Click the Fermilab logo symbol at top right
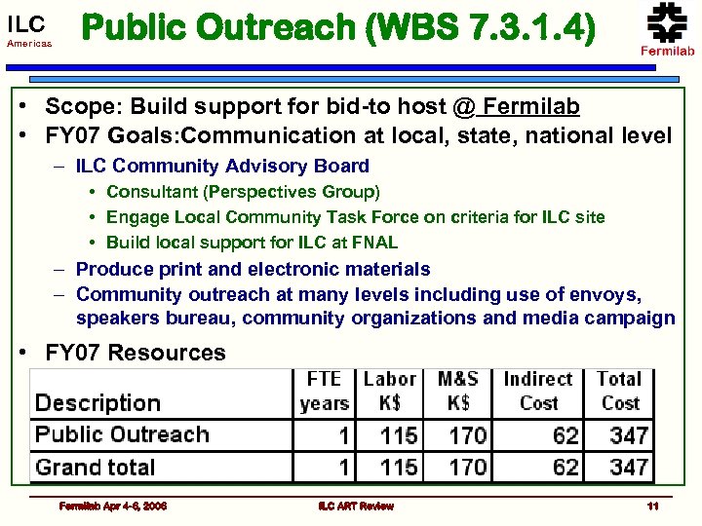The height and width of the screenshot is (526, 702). point(667,21)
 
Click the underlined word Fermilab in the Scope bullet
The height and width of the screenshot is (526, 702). point(531,106)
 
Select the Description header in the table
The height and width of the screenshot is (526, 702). point(97,402)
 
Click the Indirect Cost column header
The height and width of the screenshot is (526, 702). point(538,390)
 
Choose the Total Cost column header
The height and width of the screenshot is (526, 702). point(619,390)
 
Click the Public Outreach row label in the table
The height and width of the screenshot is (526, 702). point(122,434)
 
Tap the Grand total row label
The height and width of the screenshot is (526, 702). point(96,468)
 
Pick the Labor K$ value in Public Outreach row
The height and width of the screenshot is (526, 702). point(399,434)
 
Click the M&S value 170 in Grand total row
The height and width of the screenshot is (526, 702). point(468,468)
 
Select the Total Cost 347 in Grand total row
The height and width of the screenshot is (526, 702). point(629,468)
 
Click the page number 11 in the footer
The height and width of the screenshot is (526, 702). point(652,506)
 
